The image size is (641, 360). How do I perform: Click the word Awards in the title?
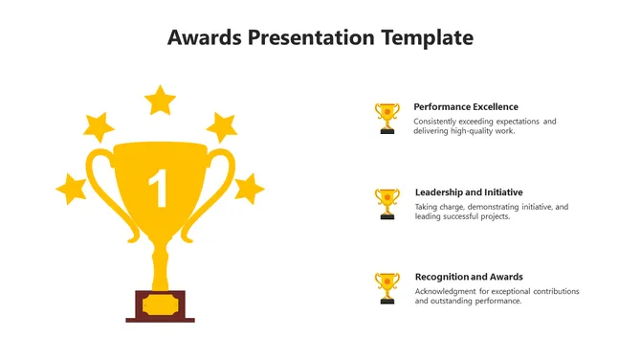pyautogui.click(x=205, y=37)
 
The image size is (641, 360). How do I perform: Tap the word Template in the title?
pyautogui.click(x=428, y=38)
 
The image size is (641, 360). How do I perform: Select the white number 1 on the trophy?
pyautogui.click(x=158, y=189)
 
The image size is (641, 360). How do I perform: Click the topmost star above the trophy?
pyautogui.click(x=160, y=101)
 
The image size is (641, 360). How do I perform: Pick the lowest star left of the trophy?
pyautogui.click(x=72, y=189)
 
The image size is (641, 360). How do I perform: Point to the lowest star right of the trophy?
pyautogui.click(x=249, y=189)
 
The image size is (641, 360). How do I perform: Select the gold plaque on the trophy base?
pyautogui.click(x=161, y=305)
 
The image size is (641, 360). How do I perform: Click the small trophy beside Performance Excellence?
pyautogui.click(x=387, y=118)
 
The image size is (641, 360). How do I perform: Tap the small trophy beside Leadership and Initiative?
pyautogui.click(x=387, y=204)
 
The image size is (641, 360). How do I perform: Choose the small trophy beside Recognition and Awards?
pyautogui.click(x=387, y=288)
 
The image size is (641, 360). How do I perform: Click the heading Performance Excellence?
pyautogui.click(x=466, y=107)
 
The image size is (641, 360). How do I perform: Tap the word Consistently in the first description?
pyautogui.click(x=434, y=122)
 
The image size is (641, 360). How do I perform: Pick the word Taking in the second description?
pyautogui.click(x=426, y=208)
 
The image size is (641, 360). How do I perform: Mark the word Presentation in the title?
pyautogui.click(x=311, y=37)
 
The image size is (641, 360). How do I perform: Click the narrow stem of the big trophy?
pyautogui.click(x=160, y=266)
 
